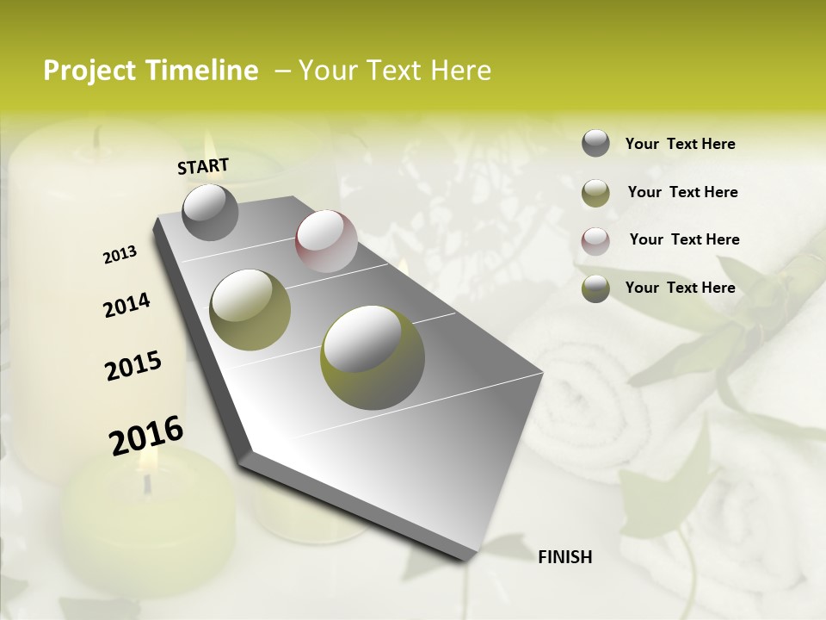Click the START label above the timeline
pyautogui.click(x=203, y=166)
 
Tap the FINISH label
pyautogui.click(x=564, y=557)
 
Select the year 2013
pyautogui.click(x=120, y=255)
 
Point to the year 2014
pyautogui.click(x=126, y=305)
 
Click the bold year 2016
pyautogui.click(x=146, y=435)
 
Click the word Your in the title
pyautogui.click(x=326, y=71)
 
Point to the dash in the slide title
pyautogui.click(x=281, y=71)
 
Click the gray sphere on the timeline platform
pyautogui.click(x=210, y=212)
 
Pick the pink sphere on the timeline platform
pyautogui.click(x=326, y=241)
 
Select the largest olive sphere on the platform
pyautogui.click(x=373, y=357)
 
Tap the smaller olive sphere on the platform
pyautogui.click(x=250, y=310)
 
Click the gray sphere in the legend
pyautogui.click(x=595, y=143)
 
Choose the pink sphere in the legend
pyautogui.click(x=595, y=240)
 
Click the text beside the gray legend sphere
pyautogui.click(x=680, y=144)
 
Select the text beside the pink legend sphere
pyautogui.click(x=684, y=239)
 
